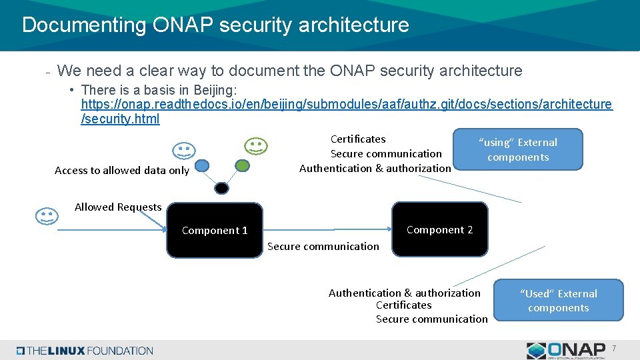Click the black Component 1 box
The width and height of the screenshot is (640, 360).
point(214,231)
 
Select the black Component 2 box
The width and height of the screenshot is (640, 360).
point(439,230)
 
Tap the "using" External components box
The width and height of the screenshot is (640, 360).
point(517,149)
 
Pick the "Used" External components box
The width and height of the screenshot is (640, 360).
point(558,301)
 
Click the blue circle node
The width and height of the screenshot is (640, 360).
point(202,165)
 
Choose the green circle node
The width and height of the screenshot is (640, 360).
point(243,164)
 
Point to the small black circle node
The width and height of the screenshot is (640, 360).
point(222,188)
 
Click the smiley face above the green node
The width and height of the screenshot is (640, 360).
point(255,146)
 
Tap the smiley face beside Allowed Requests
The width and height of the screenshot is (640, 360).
point(45,216)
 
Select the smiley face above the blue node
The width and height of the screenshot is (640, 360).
point(184,151)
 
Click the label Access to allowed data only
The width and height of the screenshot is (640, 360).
point(122,171)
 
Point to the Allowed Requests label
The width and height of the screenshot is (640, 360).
point(118,207)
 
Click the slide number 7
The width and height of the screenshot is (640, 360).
point(614,348)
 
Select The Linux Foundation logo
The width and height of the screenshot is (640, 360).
point(85,351)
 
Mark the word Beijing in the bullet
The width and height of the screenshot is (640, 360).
point(214,89)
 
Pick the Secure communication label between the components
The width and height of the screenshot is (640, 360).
point(323,247)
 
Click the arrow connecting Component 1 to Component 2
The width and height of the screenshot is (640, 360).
point(327,231)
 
